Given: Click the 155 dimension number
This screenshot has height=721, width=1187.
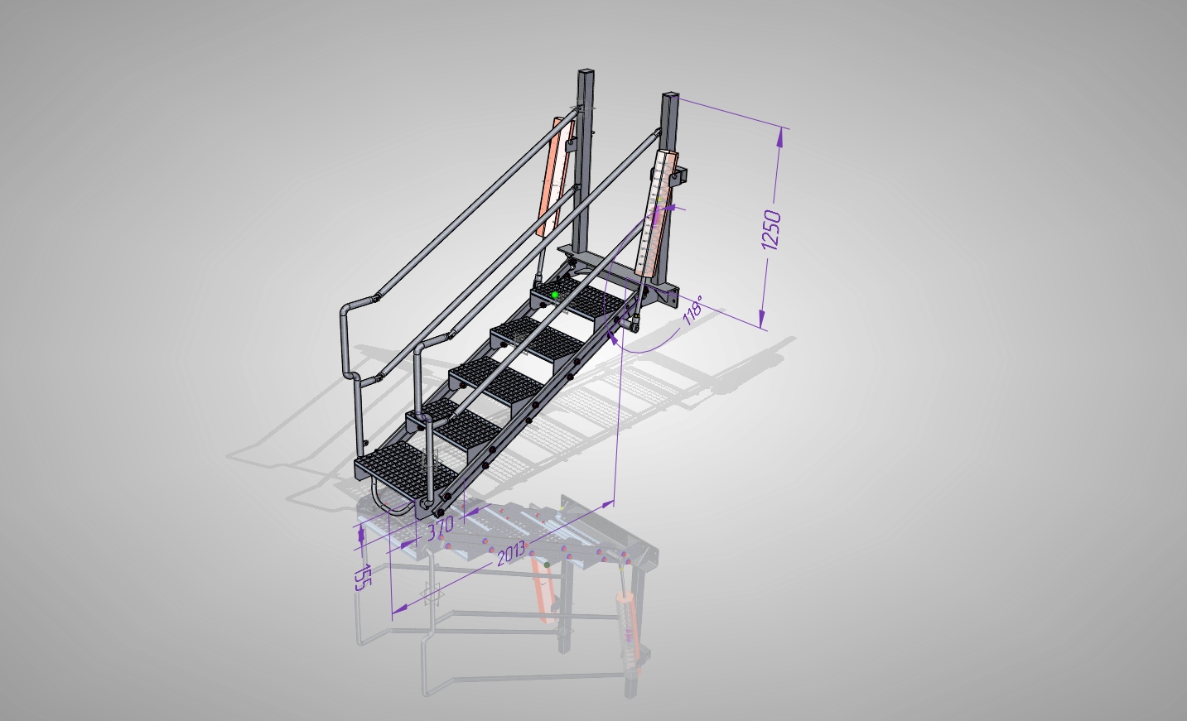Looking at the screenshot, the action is click(x=364, y=577).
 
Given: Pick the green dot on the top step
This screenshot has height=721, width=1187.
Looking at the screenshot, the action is click(x=555, y=295).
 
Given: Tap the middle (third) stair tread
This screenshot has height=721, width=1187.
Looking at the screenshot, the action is click(x=496, y=381).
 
